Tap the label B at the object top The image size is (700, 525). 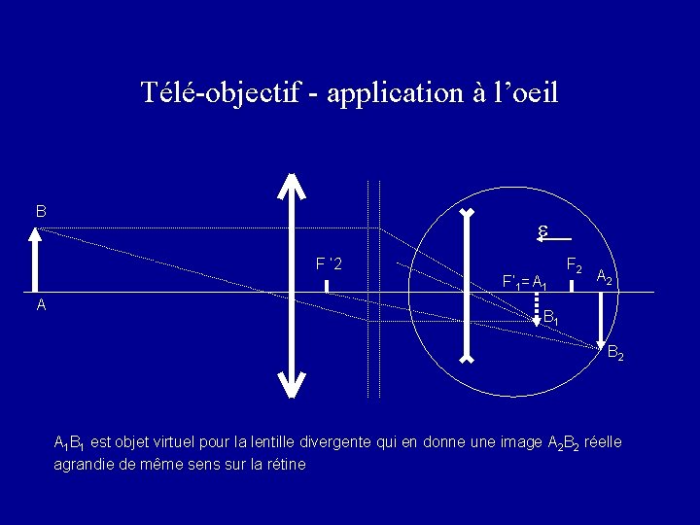tap(41, 211)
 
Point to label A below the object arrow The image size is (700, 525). tap(41, 304)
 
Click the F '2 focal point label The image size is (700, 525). tap(328, 263)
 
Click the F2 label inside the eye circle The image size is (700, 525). tap(575, 264)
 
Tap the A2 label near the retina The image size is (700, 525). tap(604, 277)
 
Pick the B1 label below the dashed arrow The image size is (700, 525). tap(550, 317)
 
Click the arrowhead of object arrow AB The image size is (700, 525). tap(35, 234)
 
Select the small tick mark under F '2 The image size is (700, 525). tap(327, 286)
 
